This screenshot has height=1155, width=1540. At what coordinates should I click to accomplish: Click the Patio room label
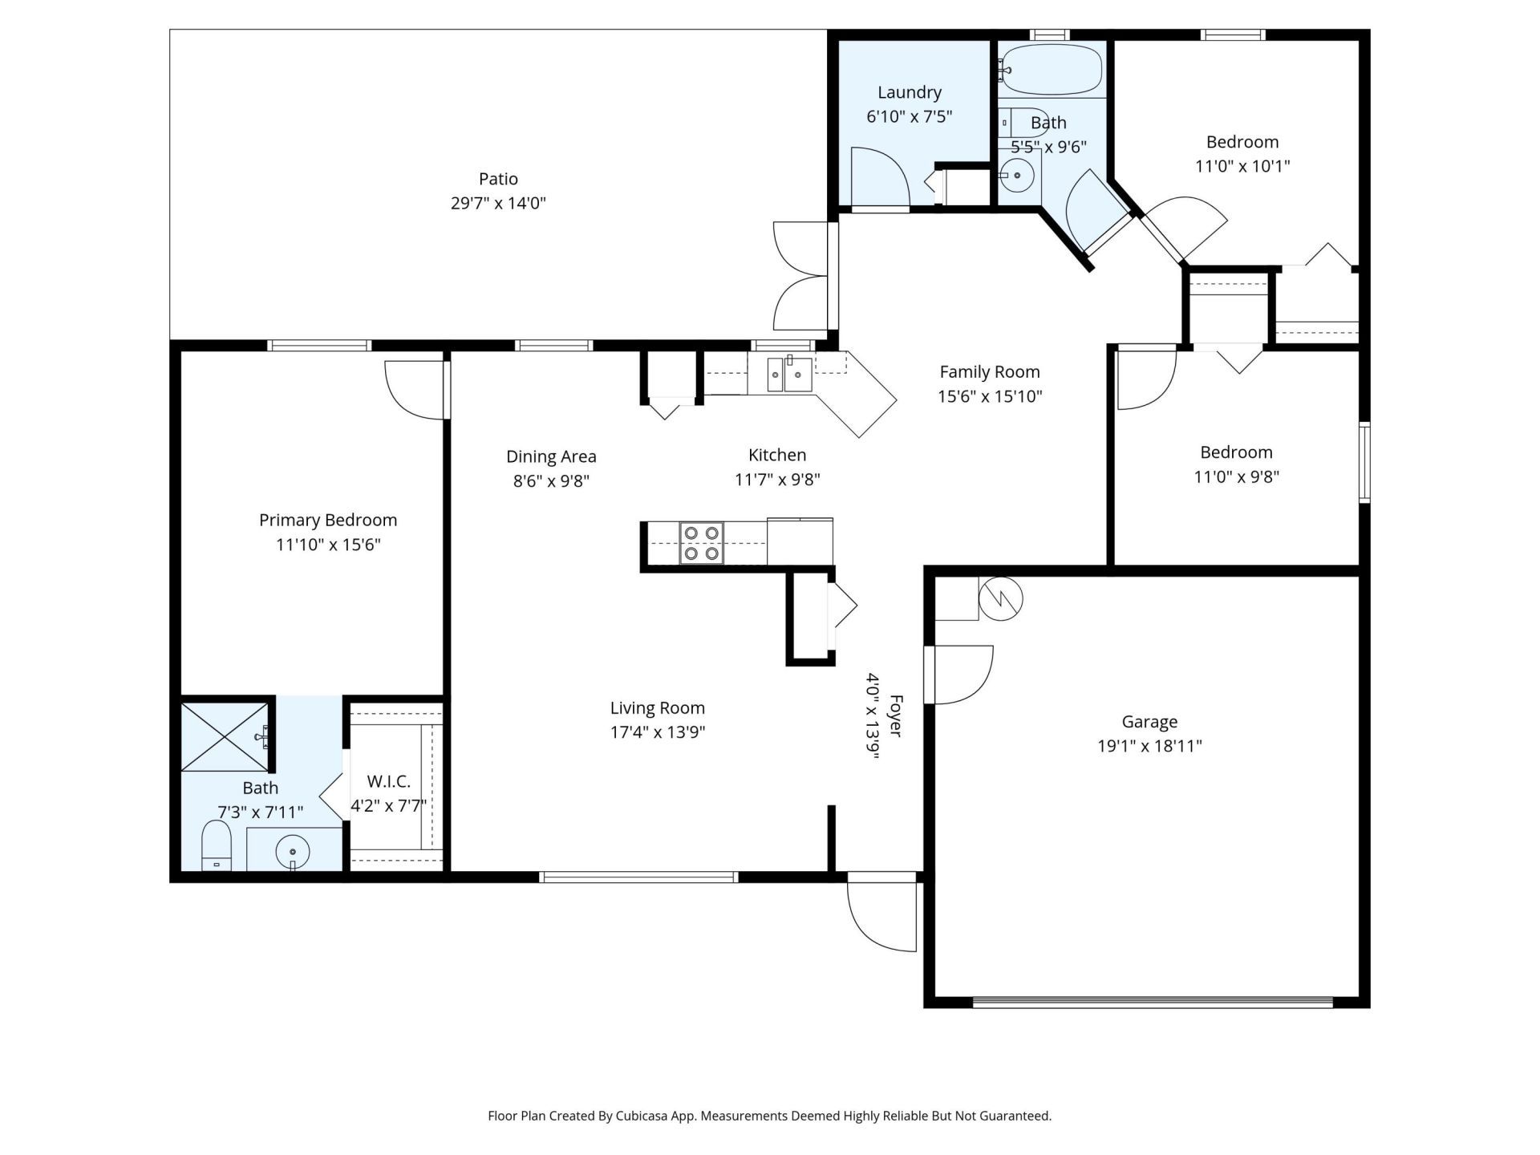click(498, 179)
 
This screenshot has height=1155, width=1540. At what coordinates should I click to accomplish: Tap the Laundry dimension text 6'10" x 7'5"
click(909, 116)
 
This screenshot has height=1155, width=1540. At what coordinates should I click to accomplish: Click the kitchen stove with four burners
click(701, 543)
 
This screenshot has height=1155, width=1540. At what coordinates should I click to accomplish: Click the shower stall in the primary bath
click(225, 737)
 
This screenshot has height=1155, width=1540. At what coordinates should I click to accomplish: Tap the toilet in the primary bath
click(216, 845)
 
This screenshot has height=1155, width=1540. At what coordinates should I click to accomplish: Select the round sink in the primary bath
click(293, 851)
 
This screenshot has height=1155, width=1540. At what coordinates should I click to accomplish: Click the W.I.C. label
click(389, 781)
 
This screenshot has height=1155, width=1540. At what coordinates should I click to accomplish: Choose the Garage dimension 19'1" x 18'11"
click(1149, 746)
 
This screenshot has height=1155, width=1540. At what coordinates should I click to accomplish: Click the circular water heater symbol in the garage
click(1001, 598)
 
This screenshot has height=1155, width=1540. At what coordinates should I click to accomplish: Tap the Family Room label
click(990, 371)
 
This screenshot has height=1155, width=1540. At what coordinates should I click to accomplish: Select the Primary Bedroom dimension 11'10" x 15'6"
click(328, 545)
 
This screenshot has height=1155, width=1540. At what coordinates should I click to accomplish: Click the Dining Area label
click(551, 456)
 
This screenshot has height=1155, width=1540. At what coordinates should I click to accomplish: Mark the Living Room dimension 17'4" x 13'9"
click(658, 732)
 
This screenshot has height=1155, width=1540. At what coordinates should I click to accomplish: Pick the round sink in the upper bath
click(1017, 175)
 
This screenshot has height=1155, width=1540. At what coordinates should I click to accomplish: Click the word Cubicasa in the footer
click(642, 1116)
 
